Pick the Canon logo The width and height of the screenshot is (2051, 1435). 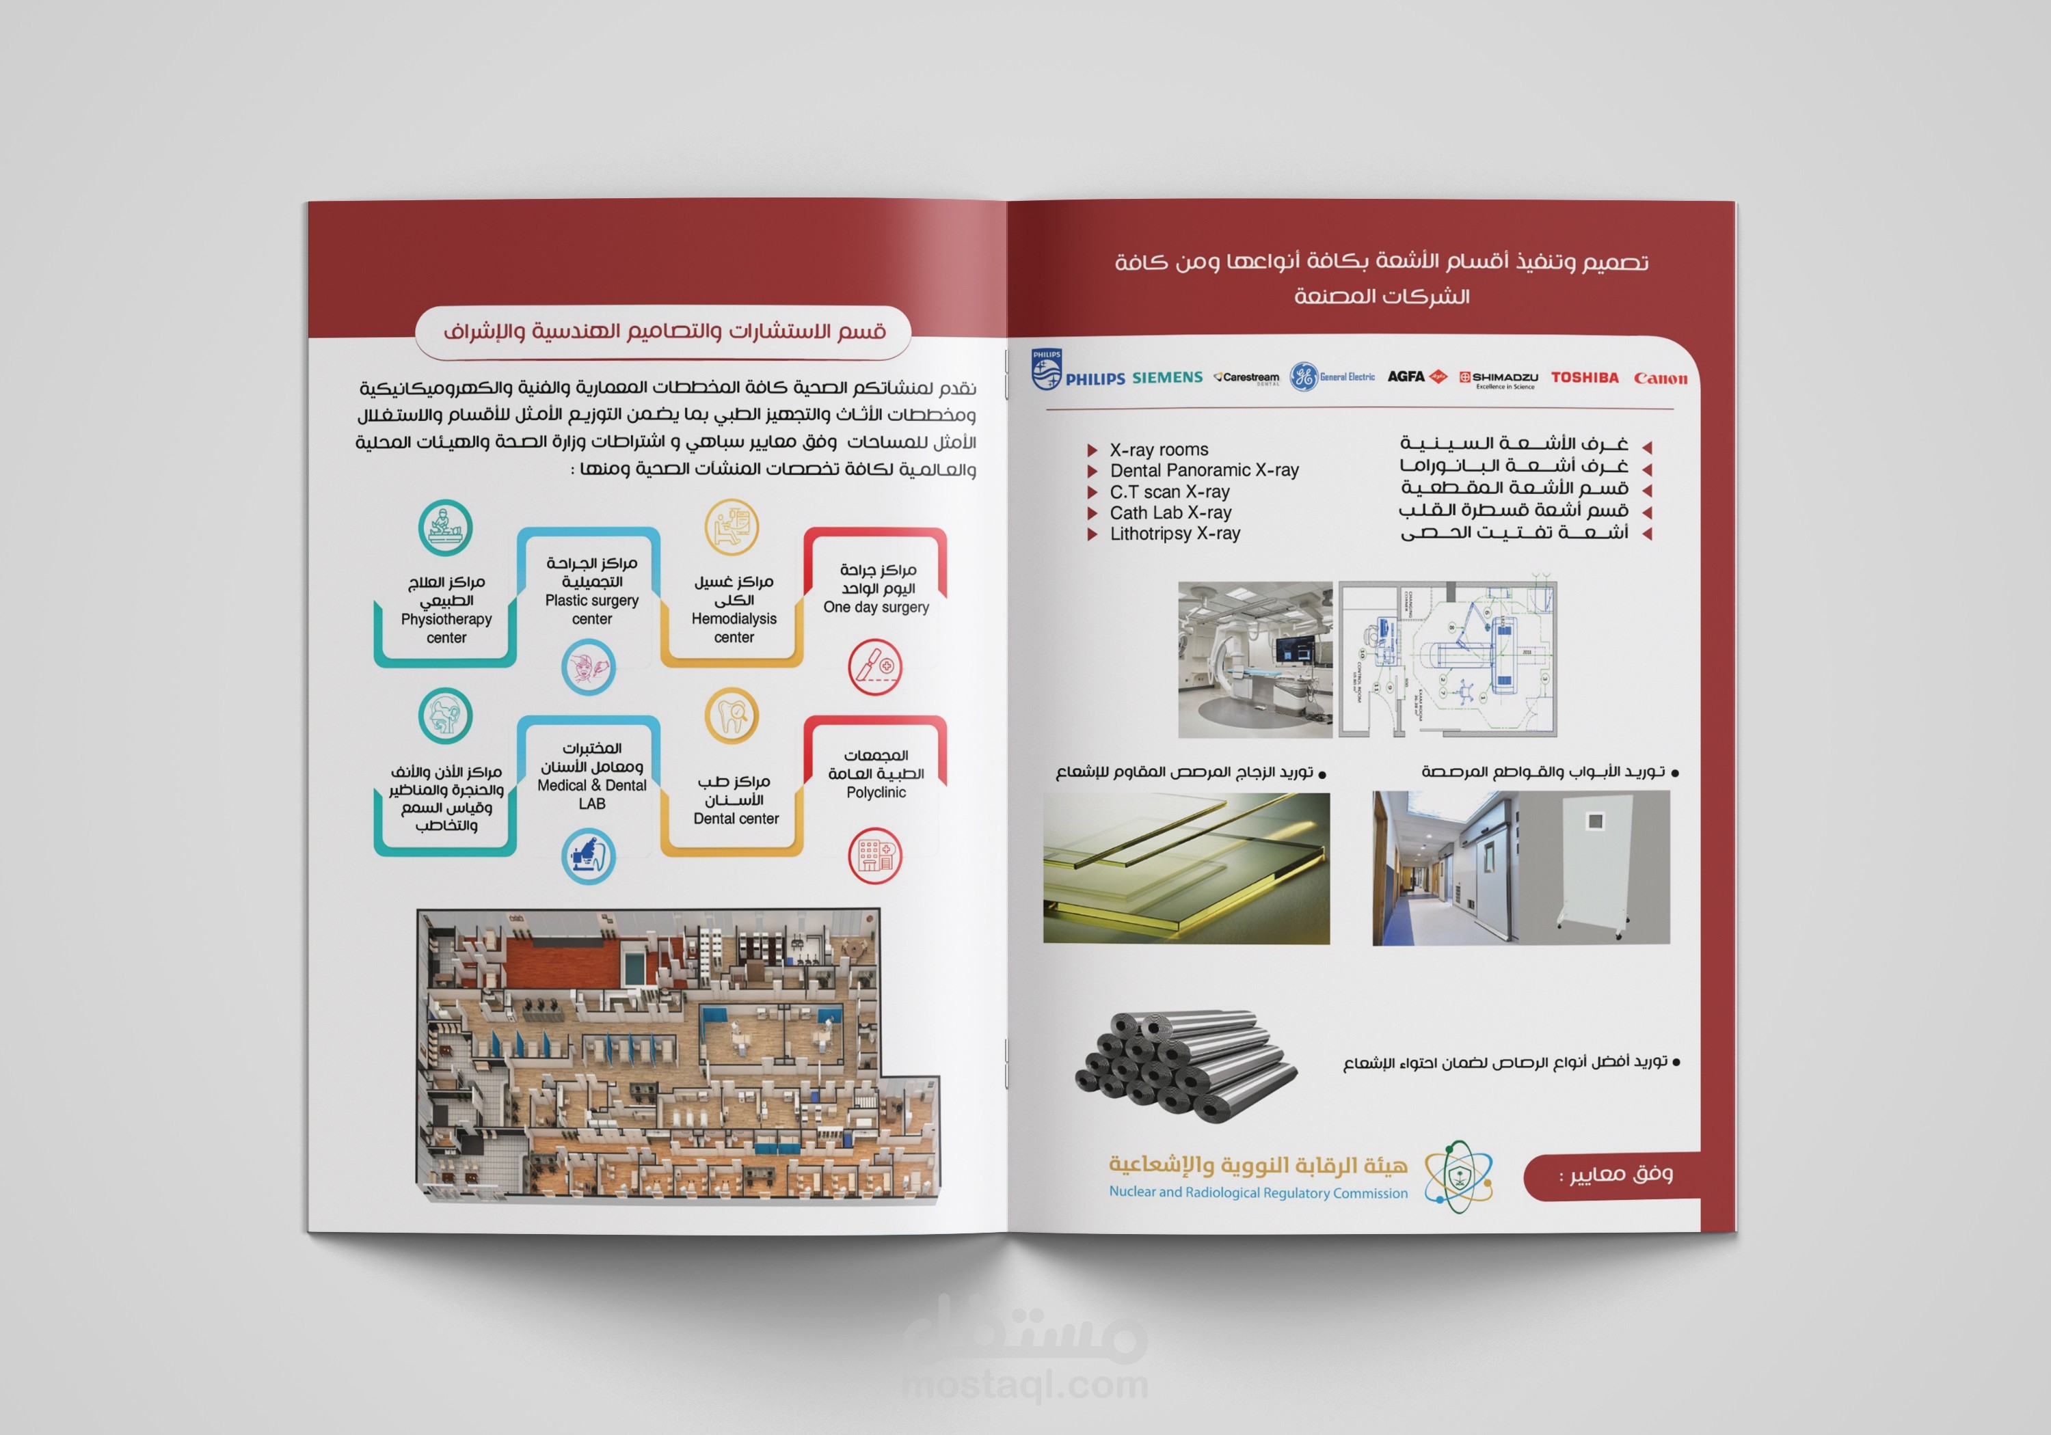[1660, 379]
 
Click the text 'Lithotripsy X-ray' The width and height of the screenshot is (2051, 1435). [1174, 534]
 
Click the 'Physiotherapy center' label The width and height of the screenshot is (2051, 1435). [446, 629]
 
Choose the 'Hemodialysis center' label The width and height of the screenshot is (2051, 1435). [734, 628]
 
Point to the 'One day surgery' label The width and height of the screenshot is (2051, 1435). [875, 607]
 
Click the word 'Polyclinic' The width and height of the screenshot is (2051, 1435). [875, 793]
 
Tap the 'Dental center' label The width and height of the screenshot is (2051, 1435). [735, 819]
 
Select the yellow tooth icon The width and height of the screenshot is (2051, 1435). [732, 715]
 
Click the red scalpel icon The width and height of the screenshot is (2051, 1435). [874, 666]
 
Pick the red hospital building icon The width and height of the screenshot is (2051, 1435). [874, 855]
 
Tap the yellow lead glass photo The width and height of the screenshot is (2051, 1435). [1185, 868]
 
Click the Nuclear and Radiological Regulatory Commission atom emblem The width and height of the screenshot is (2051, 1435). [1457, 1176]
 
